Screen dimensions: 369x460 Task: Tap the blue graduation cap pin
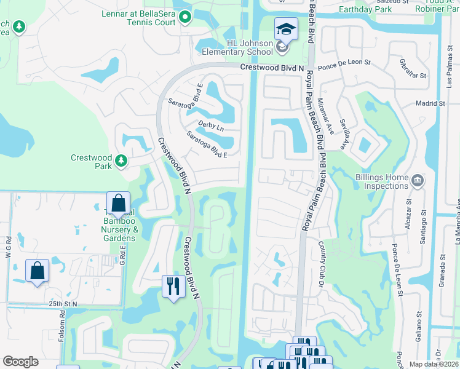[286, 29]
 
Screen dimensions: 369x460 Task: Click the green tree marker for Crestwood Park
[121, 161]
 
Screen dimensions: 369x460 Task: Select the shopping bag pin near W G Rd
[37, 270]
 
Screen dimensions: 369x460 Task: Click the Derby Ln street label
[211, 128]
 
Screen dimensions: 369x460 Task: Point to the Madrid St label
[430, 104]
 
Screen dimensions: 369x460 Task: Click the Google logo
[20, 362]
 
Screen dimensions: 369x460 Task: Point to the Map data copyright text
[434, 364]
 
